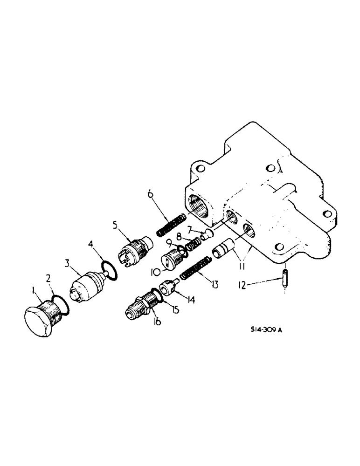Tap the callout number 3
point(68,265)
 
